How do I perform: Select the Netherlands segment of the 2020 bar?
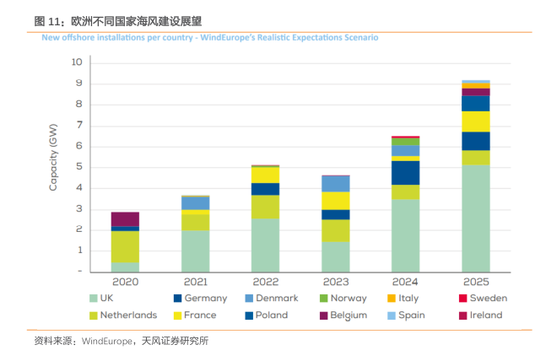[x=125, y=247]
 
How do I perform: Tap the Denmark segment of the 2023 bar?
[x=336, y=184]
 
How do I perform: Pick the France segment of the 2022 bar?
[x=266, y=175]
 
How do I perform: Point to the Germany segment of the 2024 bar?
[x=406, y=173]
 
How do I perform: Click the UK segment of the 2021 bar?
[x=196, y=251]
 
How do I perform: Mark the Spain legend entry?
[x=408, y=315]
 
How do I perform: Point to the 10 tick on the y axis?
[x=77, y=62]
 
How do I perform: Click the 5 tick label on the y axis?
[x=78, y=167]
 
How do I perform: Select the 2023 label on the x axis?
[x=336, y=281]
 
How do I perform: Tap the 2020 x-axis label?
[x=125, y=281]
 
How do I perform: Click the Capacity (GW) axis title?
[x=53, y=157]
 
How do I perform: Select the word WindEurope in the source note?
[x=104, y=342]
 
